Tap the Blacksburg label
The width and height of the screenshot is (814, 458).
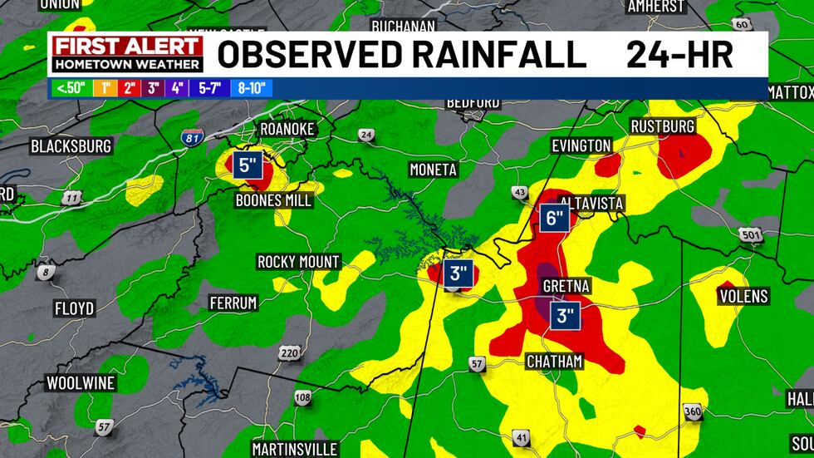(71, 146)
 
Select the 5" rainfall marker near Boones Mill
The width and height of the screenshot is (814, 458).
(249, 165)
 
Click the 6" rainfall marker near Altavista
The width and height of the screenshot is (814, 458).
(555, 219)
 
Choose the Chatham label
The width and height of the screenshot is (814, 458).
(555, 361)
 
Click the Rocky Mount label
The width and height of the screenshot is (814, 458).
(298, 262)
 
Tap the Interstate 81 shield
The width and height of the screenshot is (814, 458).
(190, 139)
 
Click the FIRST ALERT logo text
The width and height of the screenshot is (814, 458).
(126, 47)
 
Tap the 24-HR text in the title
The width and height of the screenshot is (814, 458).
(679, 55)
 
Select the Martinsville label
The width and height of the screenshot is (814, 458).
(296, 449)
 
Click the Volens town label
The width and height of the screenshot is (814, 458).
(743, 296)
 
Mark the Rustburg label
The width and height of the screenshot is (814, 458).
(662, 126)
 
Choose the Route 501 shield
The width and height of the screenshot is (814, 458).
(751, 236)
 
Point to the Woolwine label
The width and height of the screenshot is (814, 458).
(81, 383)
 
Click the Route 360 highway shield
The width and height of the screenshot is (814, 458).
(693, 412)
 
